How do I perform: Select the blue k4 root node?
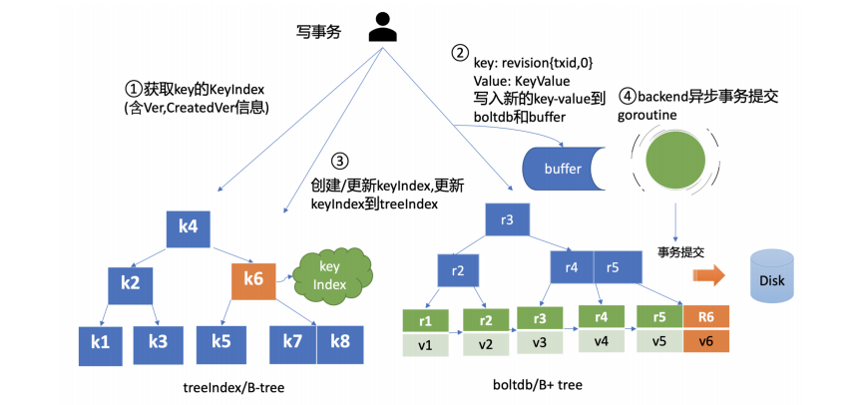(x=188, y=227)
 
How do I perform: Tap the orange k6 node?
(x=252, y=280)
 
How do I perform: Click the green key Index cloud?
(x=330, y=275)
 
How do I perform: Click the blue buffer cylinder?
(x=564, y=169)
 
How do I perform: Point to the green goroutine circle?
(x=679, y=162)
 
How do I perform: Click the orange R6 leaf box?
(x=706, y=318)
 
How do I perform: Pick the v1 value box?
(x=427, y=344)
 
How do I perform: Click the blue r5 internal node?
(x=613, y=266)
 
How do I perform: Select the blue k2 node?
(x=129, y=283)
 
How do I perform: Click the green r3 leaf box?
(x=539, y=318)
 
